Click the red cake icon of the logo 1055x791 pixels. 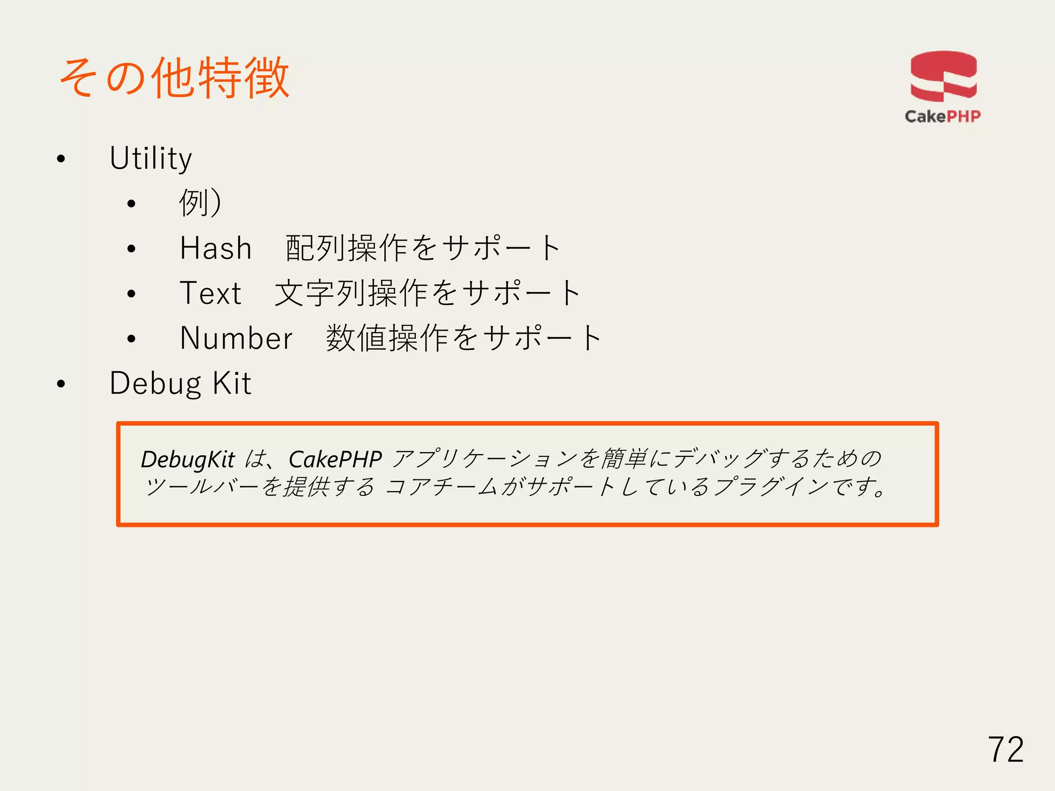pos(943,76)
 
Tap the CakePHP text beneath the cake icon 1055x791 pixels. pos(943,116)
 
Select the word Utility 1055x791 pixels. pos(150,159)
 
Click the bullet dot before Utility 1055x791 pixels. pos(61,159)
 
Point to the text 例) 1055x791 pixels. pos(200,203)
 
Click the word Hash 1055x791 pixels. pos(216,248)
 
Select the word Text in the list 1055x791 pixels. pos(210,293)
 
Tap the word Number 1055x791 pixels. pos(236,338)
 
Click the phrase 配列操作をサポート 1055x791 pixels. pos(423,248)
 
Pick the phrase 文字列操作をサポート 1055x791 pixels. pos(428,293)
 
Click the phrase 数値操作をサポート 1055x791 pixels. pos(464,338)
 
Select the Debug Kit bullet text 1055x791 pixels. pos(180,384)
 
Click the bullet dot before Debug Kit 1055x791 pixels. pos(61,384)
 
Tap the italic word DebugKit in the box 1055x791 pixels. pos(188,459)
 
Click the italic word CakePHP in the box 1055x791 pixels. pos(335,459)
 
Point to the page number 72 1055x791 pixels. pos(1006,750)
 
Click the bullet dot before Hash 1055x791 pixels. pos(131,249)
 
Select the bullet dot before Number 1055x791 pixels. pos(131,339)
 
